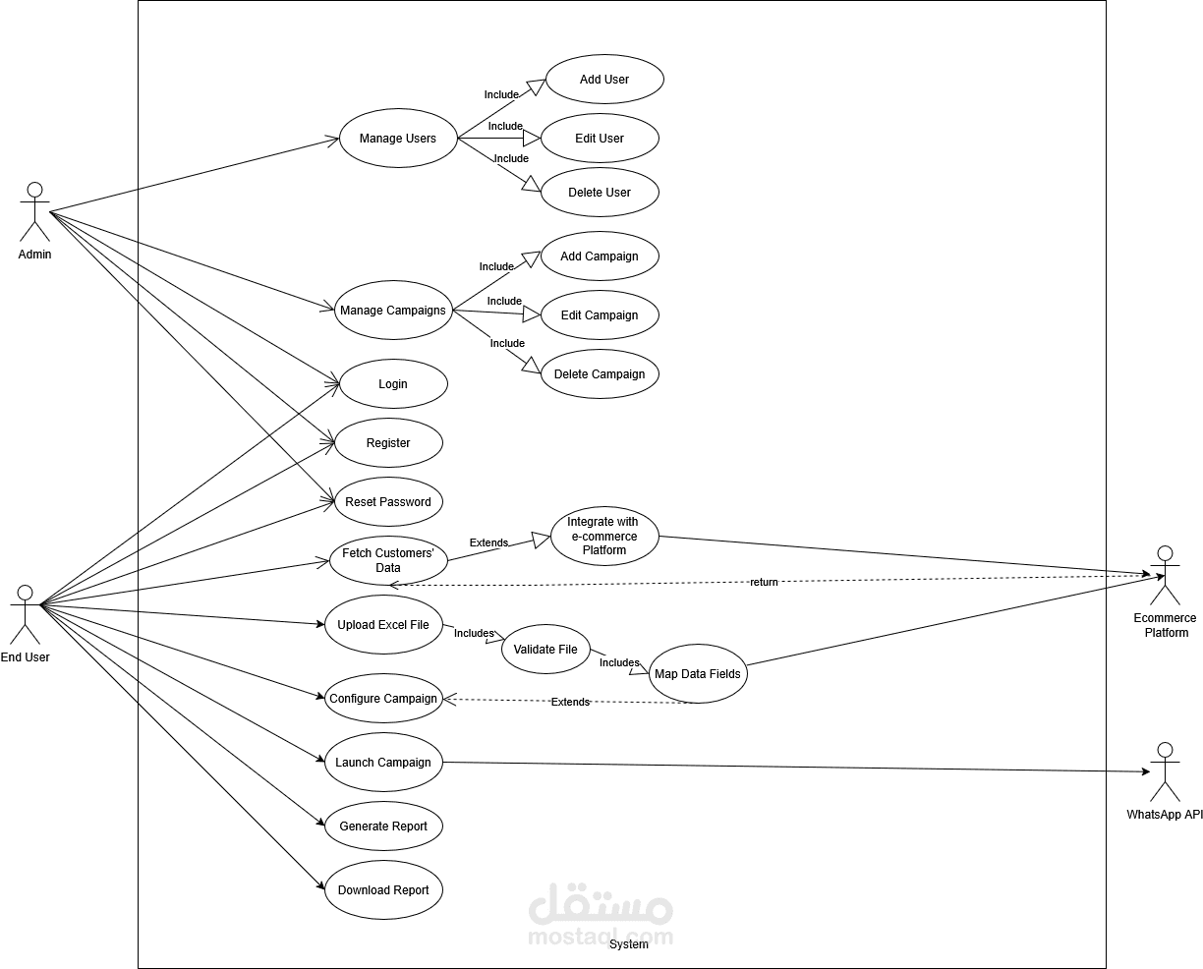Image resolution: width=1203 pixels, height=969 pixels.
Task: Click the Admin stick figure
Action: tap(34, 211)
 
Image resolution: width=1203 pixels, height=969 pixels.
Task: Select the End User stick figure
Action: tap(26, 614)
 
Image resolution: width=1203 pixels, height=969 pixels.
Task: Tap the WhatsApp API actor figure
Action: tap(1165, 772)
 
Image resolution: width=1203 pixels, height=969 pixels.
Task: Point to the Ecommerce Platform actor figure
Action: tap(1165, 575)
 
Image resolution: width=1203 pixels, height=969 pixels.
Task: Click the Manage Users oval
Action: tap(398, 139)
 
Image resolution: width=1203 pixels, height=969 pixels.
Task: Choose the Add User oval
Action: tap(604, 79)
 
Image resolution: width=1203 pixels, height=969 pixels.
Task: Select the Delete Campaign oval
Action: tap(600, 374)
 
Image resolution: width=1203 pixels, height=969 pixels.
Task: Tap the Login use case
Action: tap(393, 383)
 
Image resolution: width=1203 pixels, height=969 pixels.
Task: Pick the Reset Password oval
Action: tap(388, 501)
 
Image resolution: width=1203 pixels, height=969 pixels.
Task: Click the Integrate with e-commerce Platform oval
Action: tap(604, 537)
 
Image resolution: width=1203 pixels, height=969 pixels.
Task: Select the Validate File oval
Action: tap(545, 650)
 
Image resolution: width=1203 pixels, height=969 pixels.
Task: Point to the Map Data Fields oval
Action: tap(698, 674)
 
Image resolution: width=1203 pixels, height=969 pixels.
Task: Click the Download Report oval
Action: tap(383, 889)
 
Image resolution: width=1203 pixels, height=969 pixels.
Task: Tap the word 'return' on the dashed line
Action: tap(765, 582)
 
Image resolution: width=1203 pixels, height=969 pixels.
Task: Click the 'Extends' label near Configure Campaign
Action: tap(570, 702)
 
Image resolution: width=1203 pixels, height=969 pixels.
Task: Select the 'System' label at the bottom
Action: tap(629, 943)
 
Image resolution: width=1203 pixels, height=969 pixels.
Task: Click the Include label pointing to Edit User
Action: tap(505, 126)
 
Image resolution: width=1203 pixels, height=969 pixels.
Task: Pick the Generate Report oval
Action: tap(383, 826)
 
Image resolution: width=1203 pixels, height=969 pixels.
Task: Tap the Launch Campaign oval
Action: tap(383, 762)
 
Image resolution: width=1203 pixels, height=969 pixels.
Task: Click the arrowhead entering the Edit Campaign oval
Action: tap(532, 314)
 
